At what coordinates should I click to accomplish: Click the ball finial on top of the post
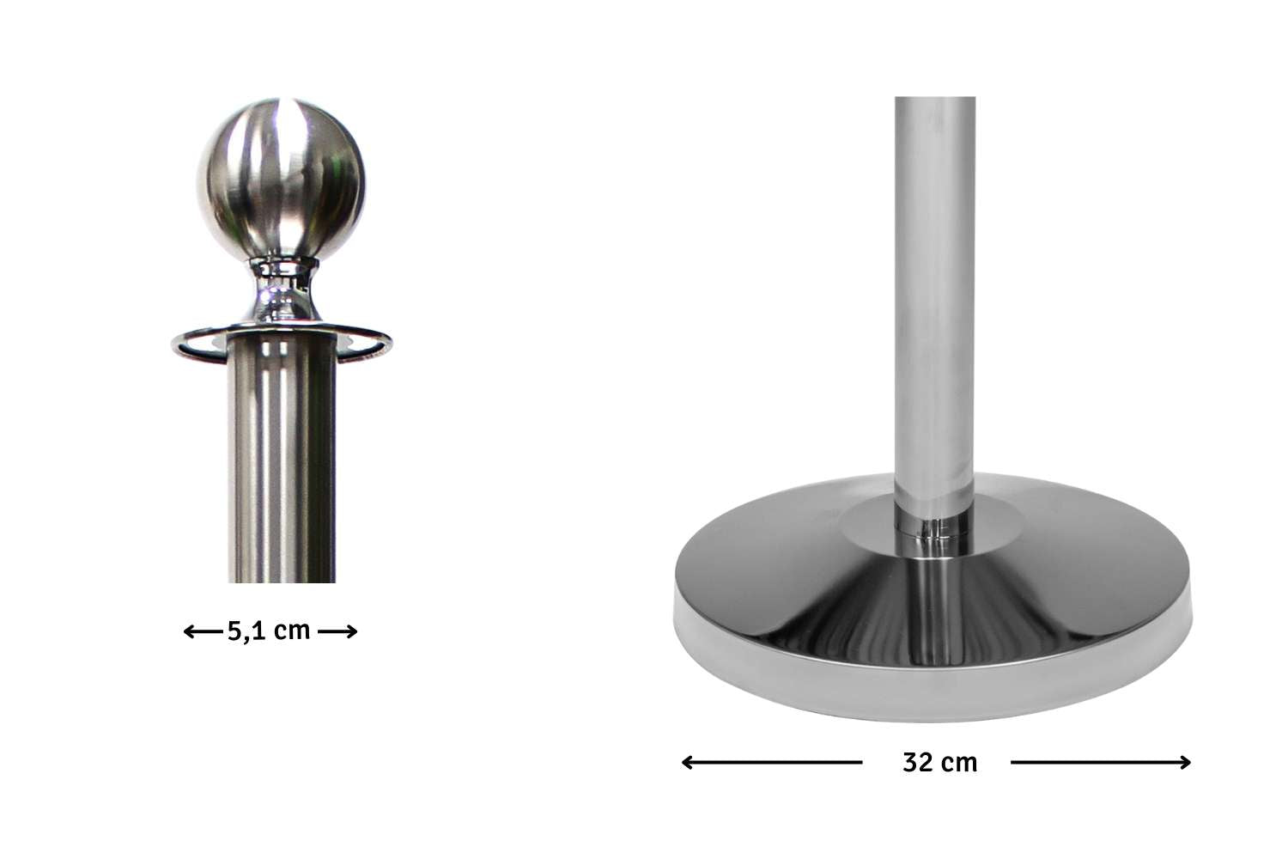[281, 180]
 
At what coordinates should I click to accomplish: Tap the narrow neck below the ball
[283, 290]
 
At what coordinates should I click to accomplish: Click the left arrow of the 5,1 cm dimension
[203, 631]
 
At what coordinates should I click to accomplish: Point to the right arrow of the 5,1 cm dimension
[337, 631]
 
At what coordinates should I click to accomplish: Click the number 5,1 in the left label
[247, 631]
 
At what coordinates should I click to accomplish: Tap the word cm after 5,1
[292, 631]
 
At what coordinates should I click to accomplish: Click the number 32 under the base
[917, 763]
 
